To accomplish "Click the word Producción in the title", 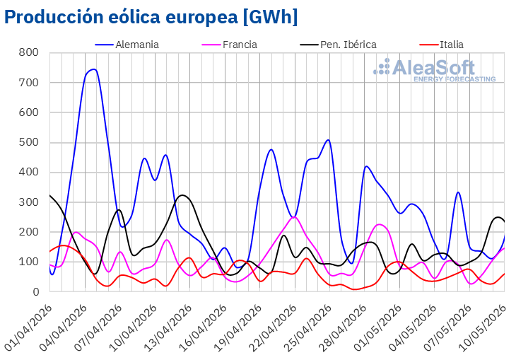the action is (x=54, y=16).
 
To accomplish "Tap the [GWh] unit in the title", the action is (x=270, y=16).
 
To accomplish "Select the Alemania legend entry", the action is (x=127, y=45).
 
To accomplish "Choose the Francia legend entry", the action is (x=229, y=45).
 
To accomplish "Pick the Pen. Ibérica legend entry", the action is (x=339, y=45).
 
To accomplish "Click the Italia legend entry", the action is (x=442, y=45).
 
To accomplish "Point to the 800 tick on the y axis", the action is (x=29, y=52).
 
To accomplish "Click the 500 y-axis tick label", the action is (x=29, y=142).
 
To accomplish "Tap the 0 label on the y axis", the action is (x=35, y=292).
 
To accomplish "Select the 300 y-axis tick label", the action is (x=29, y=202).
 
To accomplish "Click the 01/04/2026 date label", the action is (x=29, y=327).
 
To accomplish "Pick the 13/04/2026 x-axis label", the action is (x=168, y=327).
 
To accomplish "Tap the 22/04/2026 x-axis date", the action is (x=273, y=327).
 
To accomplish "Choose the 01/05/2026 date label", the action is (x=377, y=327).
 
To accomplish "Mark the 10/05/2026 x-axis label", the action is (x=482, y=327).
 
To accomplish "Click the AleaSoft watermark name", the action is (x=434, y=67).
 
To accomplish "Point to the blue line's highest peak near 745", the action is (x=94, y=69).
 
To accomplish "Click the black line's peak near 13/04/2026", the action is (x=182, y=195).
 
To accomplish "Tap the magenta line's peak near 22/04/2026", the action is (x=295, y=217).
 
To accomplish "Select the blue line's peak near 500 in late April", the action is (x=328, y=140).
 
